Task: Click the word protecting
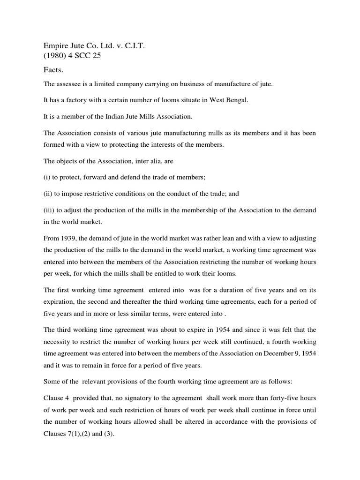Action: [130, 145]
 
